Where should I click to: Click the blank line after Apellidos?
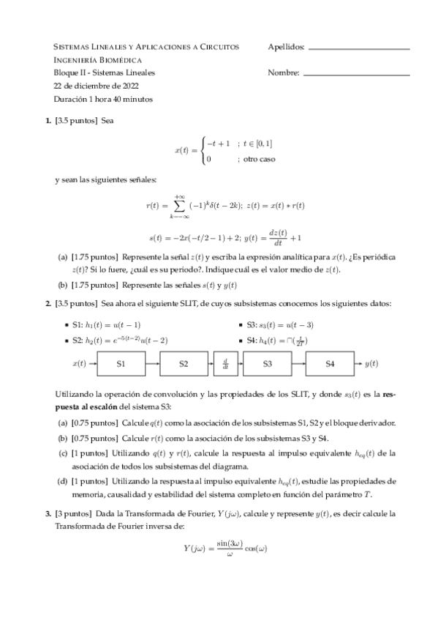(x=359, y=49)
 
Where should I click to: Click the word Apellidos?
(x=287, y=47)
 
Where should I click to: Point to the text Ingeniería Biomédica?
(x=98, y=60)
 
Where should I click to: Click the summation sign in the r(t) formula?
(x=178, y=206)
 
